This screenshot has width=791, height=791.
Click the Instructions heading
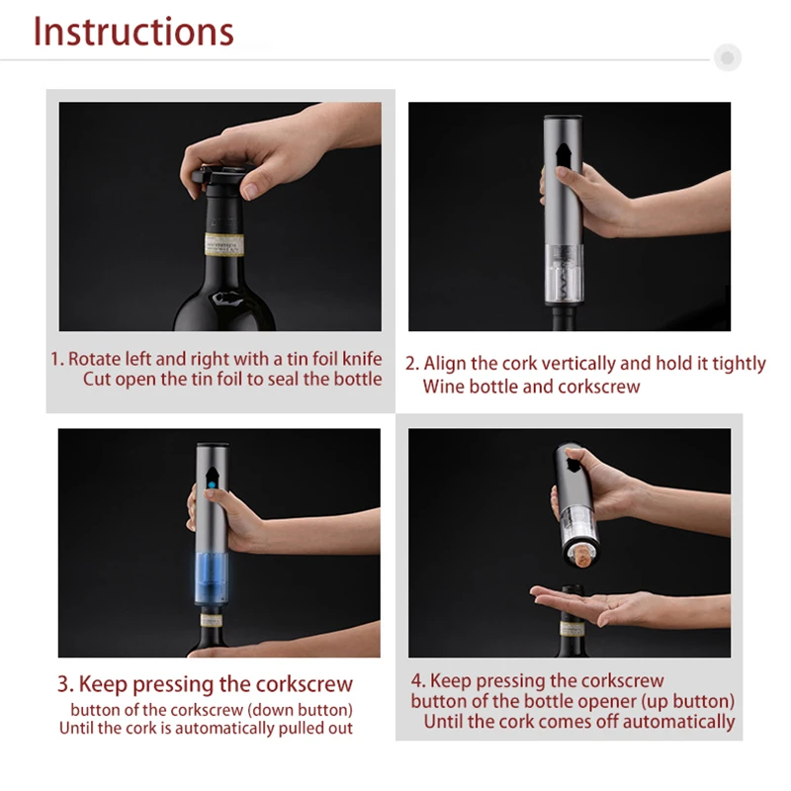133,32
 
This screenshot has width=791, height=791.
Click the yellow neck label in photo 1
224,244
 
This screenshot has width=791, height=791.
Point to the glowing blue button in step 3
212,485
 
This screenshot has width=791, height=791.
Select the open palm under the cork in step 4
605,604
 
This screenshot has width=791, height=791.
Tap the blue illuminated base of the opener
212,578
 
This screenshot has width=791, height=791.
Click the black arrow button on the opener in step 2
563,154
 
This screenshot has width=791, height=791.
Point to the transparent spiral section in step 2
565,274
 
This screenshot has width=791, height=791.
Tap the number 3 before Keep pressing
64,684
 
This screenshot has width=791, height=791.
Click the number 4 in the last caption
416,681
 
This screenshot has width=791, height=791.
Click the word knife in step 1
362,359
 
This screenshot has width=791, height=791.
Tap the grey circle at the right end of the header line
727,57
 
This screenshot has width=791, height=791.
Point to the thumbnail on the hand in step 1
249,191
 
